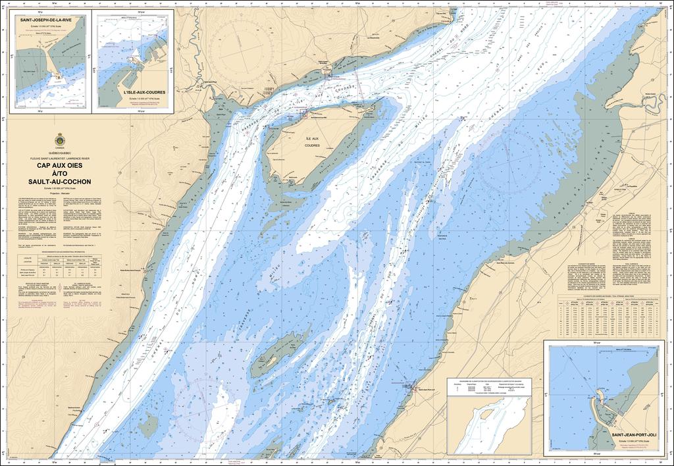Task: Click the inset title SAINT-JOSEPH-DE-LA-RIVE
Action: [47, 20]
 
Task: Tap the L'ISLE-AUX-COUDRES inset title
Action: [144, 93]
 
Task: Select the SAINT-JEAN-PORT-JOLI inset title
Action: [634, 435]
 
